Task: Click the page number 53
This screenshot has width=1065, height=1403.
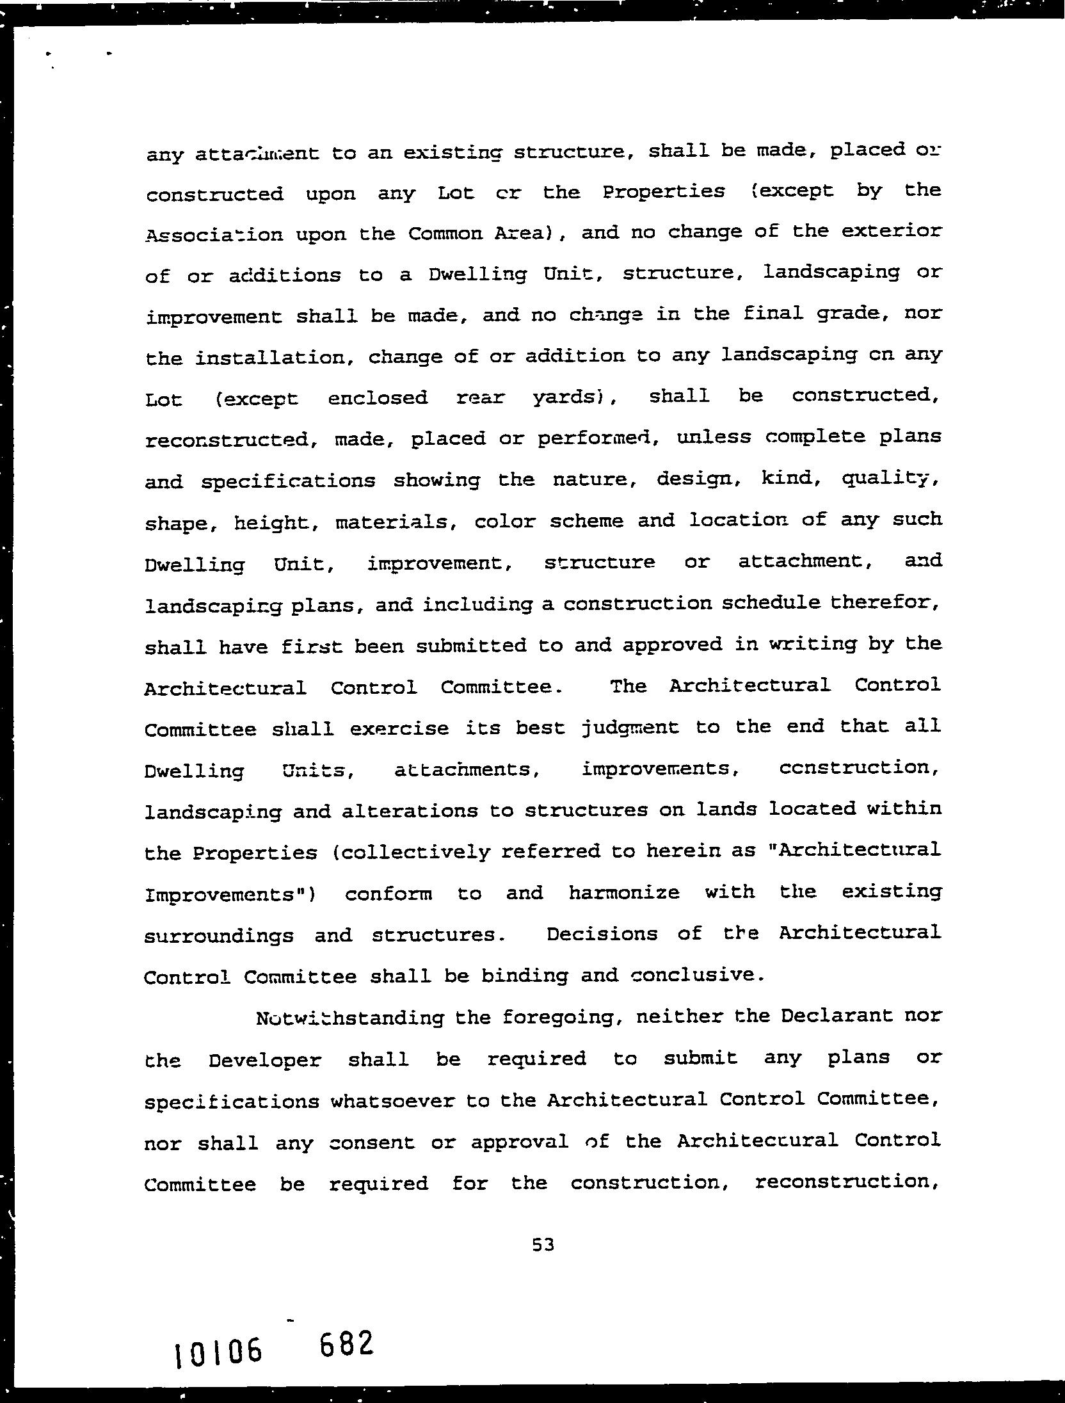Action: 542,1245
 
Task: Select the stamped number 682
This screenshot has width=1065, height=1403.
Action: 346,1344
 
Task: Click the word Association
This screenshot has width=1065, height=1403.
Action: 214,235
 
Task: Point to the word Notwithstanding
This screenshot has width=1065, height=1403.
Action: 349,1017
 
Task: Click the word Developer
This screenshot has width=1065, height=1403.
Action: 265,1060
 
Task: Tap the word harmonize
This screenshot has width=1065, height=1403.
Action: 623,892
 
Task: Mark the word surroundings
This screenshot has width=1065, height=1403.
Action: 219,936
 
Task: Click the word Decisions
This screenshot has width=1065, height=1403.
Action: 602,934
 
